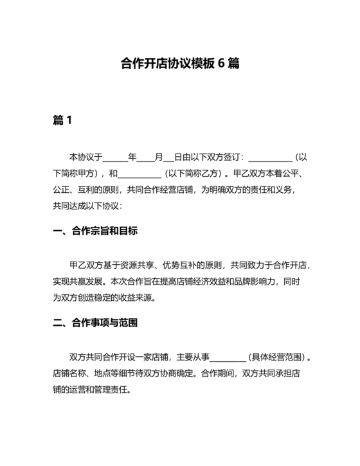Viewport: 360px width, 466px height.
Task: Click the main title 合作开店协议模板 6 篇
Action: (x=180, y=64)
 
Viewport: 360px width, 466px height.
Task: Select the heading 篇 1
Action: (x=62, y=121)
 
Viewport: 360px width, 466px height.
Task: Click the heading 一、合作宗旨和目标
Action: (x=95, y=230)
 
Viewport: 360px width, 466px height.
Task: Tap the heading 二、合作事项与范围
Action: (x=95, y=323)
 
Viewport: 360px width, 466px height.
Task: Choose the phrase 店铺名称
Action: (x=69, y=374)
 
